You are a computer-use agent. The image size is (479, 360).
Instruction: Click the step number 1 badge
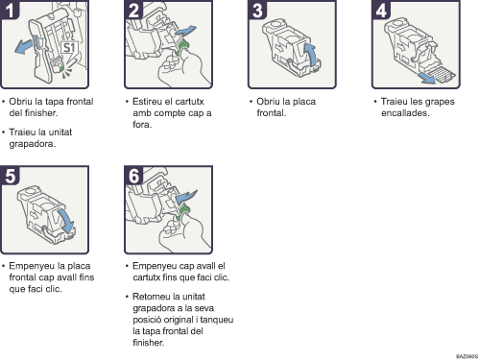[10, 10]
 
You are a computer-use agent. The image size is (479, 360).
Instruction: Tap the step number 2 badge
[133, 10]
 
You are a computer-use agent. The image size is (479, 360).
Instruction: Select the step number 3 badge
[257, 10]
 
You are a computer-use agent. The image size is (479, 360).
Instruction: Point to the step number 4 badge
[381, 10]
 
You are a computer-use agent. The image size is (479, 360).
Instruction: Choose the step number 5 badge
[10, 175]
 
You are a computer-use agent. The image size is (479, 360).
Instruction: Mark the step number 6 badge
[133, 175]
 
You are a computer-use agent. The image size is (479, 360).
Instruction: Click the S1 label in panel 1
[69, 48]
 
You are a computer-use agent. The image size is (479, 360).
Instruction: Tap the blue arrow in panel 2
[185, 31]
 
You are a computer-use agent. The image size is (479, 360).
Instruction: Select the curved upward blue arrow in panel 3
[311, 54]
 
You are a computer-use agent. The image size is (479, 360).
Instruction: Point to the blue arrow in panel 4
[427, 78]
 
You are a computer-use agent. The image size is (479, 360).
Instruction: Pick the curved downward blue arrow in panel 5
[66, 221]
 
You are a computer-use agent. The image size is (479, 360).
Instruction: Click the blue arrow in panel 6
[186, 196]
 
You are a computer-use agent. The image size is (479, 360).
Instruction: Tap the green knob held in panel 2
[182, 47]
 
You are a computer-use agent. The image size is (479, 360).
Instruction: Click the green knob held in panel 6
[182, 212]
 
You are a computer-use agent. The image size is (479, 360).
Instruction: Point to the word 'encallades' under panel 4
[405, 113]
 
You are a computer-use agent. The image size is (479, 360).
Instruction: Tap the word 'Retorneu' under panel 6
[151, 297]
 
